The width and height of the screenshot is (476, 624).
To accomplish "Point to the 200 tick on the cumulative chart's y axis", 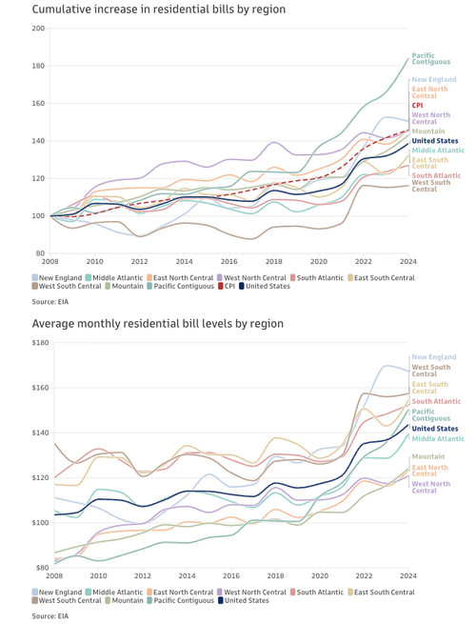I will point(38,29).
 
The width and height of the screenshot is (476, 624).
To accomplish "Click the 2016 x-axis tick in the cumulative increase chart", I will point(228,261).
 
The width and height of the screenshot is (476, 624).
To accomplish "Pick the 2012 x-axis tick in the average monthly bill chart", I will point(139,575).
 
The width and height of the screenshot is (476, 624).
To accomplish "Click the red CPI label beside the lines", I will point(417,106).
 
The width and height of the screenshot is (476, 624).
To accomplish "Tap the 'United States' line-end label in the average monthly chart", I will point(434,429).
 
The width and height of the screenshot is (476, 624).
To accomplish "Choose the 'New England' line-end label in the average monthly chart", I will point(433,356).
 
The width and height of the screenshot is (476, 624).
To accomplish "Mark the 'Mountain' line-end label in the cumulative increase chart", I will point(427,131).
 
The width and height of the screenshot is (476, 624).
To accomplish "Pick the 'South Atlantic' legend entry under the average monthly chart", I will point(320,592).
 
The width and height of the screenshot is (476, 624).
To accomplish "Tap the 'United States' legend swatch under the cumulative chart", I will point(243,285).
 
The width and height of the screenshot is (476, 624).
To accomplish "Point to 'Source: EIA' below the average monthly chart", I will point(53,615).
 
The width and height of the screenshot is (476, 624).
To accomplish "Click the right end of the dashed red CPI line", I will point(408,131).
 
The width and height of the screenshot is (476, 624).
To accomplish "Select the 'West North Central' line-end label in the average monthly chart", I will point(431,487).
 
